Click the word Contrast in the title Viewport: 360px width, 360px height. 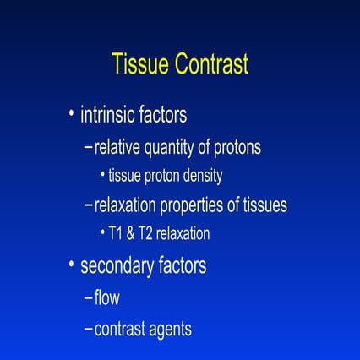point(211,65)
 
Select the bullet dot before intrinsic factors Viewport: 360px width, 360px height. point(72,113)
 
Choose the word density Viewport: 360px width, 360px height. point(204,177)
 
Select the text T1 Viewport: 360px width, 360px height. point(117,234)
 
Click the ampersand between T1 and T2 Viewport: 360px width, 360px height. point(133,234)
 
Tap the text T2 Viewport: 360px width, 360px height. point(149,234)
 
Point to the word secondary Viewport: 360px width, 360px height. point(116,267)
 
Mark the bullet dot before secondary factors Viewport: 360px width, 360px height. point(72,266)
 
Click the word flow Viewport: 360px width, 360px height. point(107,297)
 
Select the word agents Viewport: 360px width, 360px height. point(168,330)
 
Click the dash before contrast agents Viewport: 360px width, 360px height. point(89,329)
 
